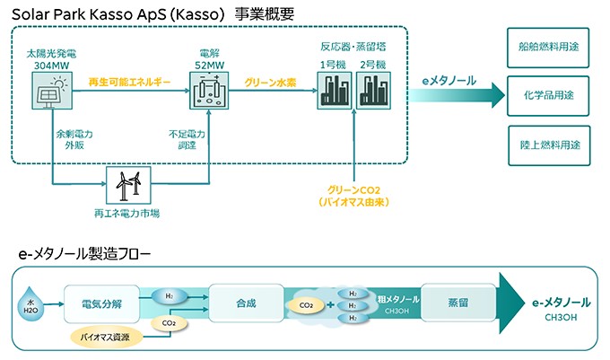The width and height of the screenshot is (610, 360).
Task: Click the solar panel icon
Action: pos(52,91)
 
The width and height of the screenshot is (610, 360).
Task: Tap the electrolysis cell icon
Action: pos(209,91)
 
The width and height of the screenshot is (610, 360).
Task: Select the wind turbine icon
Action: pos(128,186)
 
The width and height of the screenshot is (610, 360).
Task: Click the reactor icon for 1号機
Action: pos(335,91)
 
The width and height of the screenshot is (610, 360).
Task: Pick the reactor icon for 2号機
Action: pos(373,91)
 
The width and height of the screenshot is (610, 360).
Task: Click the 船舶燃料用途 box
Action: pos(548,48)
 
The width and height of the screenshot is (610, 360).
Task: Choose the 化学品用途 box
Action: pos(548,96)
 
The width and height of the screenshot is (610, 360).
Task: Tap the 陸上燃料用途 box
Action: pos(549,145)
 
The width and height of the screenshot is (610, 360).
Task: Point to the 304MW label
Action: pos(51,66)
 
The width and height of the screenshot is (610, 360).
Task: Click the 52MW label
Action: pos(209,65)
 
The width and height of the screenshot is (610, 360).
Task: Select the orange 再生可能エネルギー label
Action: pos(129,82)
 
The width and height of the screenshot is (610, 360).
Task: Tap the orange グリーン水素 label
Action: pos(270,83)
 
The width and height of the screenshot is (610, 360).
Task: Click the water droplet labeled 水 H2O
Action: pos(30,304)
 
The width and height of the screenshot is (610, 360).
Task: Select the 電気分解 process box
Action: pos(101,304)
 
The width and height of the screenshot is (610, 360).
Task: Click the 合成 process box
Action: pos(247,303)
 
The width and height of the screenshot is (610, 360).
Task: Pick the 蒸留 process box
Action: pos(458,303)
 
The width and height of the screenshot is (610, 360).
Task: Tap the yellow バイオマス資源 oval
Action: pos(105,337)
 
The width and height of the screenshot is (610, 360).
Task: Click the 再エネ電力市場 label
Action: pos(126,214)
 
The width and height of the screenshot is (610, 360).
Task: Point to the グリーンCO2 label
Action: pos(353,190)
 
